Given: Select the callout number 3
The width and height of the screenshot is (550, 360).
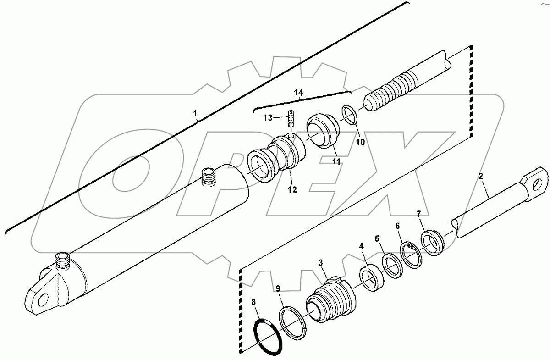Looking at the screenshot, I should tap(321, 263).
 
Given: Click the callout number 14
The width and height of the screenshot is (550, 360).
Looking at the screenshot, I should tap(298, 93).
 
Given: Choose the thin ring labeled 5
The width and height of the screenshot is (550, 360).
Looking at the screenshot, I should tap(392, 266).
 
